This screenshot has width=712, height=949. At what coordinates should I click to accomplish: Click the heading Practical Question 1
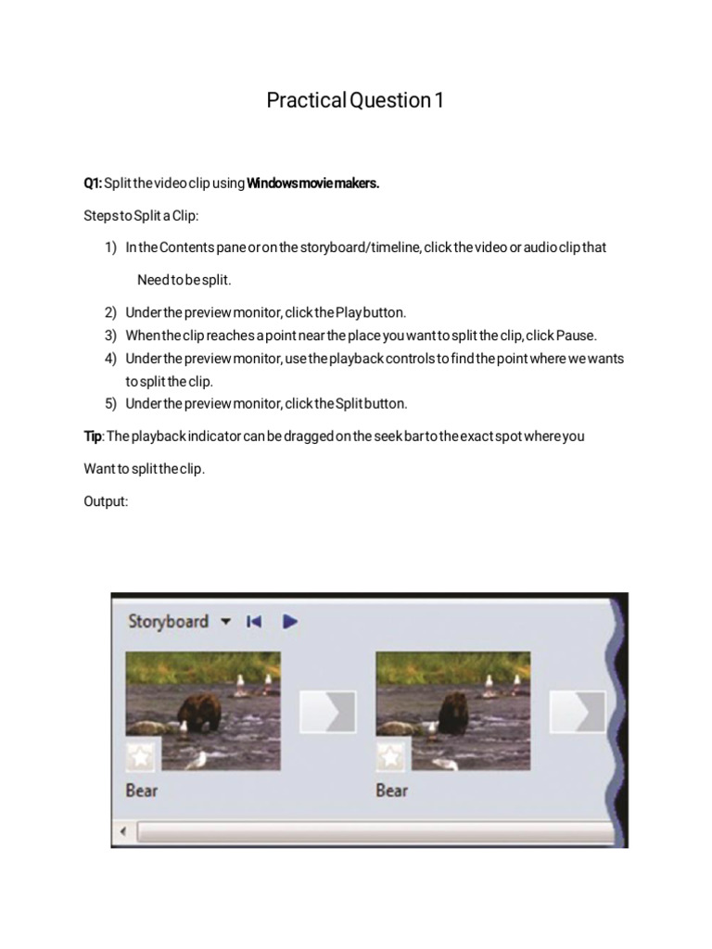click(x=355, y=100)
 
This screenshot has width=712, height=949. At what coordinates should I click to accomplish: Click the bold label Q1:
click(x=93, y=183)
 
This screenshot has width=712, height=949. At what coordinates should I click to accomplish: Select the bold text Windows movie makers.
click(x=312, y=183)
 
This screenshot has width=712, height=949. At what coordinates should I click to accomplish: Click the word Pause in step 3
click(x=578, y=335)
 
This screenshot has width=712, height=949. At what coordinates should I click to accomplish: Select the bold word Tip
click(x=92, y=437)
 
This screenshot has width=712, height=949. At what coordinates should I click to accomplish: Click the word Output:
click(x=106, y=500)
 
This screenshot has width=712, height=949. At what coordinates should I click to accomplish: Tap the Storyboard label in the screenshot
click(x=168, y=622)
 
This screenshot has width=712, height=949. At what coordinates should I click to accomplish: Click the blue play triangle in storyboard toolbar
click(x=290, y=622)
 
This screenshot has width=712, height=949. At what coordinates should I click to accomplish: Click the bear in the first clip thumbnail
click(x=197, y=713)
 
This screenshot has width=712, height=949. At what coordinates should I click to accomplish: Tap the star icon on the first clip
click(x=141, y=756)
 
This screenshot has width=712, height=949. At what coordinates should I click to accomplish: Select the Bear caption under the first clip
click(x=142, y=791)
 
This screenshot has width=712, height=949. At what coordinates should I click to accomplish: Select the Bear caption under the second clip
click(x=392, y=791)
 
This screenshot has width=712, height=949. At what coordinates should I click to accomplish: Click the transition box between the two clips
click(x=326, y=711)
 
